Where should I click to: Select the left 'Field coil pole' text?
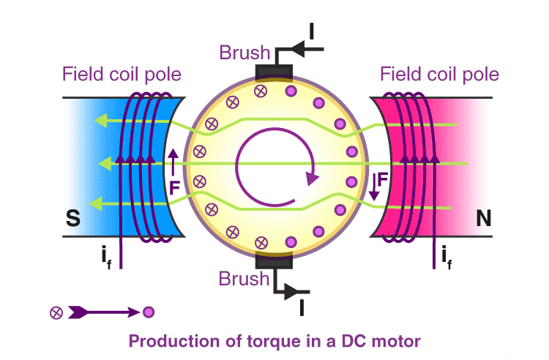coord(122,75)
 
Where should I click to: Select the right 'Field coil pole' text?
coord(439,75)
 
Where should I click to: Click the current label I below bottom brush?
coord(302,308)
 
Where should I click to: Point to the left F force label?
coord(173,187)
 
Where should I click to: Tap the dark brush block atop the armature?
coord(273,72)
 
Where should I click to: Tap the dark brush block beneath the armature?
coord(273,260)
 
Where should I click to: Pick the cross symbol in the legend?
coord(55,312)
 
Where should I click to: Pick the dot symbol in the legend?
coord(149,312)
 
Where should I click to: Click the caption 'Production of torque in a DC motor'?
coord(275,341)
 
